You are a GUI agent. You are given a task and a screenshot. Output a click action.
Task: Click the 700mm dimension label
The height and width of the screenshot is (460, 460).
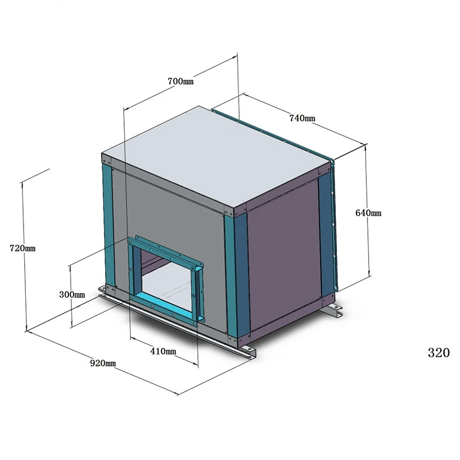[x=181, y=81]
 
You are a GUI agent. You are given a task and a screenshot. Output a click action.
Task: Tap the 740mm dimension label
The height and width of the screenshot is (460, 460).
[x=302, y=118]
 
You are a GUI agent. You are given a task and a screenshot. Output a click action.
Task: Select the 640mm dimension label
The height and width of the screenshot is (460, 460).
[x=369, y=213]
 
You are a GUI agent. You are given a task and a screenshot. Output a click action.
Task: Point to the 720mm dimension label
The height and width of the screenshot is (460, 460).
[x=23, y=248]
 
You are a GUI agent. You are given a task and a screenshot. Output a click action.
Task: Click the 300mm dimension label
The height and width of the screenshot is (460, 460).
[x=72, y=294]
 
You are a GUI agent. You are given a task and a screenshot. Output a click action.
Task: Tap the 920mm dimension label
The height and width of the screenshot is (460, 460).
[x=103, y=363]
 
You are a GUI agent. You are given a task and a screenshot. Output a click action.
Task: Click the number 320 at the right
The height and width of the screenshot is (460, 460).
[x=438, y=353]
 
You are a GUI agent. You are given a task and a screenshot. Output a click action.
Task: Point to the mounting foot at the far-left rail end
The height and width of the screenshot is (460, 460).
[x=103, y=291]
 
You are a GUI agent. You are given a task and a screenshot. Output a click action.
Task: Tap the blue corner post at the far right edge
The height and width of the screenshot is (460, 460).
[x=326, y=230]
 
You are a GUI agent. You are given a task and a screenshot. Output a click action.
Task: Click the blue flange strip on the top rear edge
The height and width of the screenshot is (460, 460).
[x=270, y=129]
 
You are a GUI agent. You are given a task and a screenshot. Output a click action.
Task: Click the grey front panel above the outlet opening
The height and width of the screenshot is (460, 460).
[x=172, y=213]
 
